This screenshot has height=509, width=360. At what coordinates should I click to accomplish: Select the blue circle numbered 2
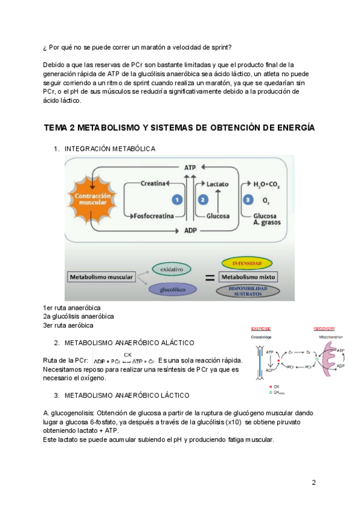coord(203,199)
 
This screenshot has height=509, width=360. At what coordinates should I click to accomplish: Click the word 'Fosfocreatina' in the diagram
coord(153,215)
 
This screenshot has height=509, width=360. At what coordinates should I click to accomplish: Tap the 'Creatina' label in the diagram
coord(152,183)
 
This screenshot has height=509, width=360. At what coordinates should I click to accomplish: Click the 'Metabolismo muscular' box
coord(100,277)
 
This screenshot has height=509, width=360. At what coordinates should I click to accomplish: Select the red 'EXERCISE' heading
coord(261,329)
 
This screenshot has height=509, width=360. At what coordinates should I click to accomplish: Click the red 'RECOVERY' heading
coord(323,329)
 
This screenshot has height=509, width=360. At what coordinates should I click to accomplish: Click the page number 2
coord(313,482)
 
